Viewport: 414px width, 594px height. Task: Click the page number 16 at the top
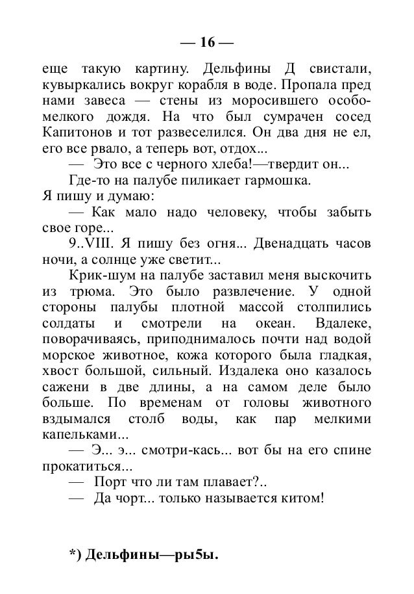(207, 43)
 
